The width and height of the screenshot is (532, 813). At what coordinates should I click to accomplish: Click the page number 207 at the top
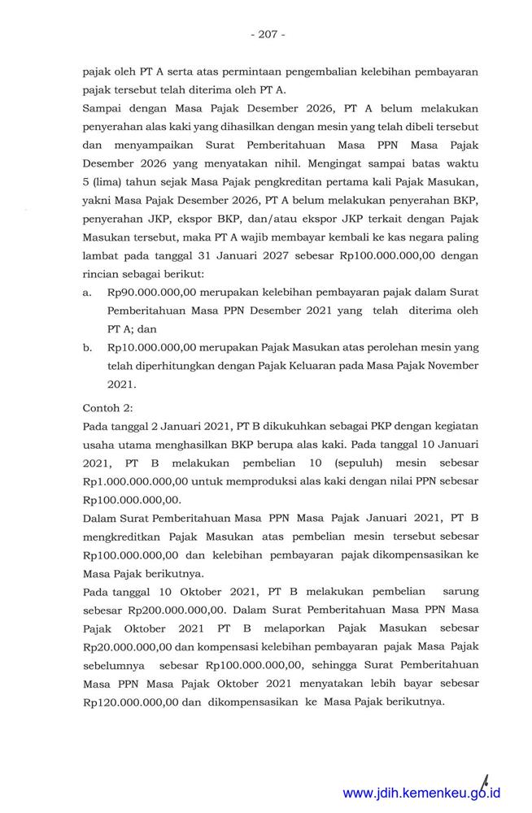(x=266, y=34)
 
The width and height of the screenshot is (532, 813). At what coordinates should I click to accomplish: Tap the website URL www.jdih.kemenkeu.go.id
(x=421, y=793)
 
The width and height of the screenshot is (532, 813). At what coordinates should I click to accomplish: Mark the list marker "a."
(x=87, y=291)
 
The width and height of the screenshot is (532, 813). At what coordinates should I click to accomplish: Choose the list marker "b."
(x=87, y=347)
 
